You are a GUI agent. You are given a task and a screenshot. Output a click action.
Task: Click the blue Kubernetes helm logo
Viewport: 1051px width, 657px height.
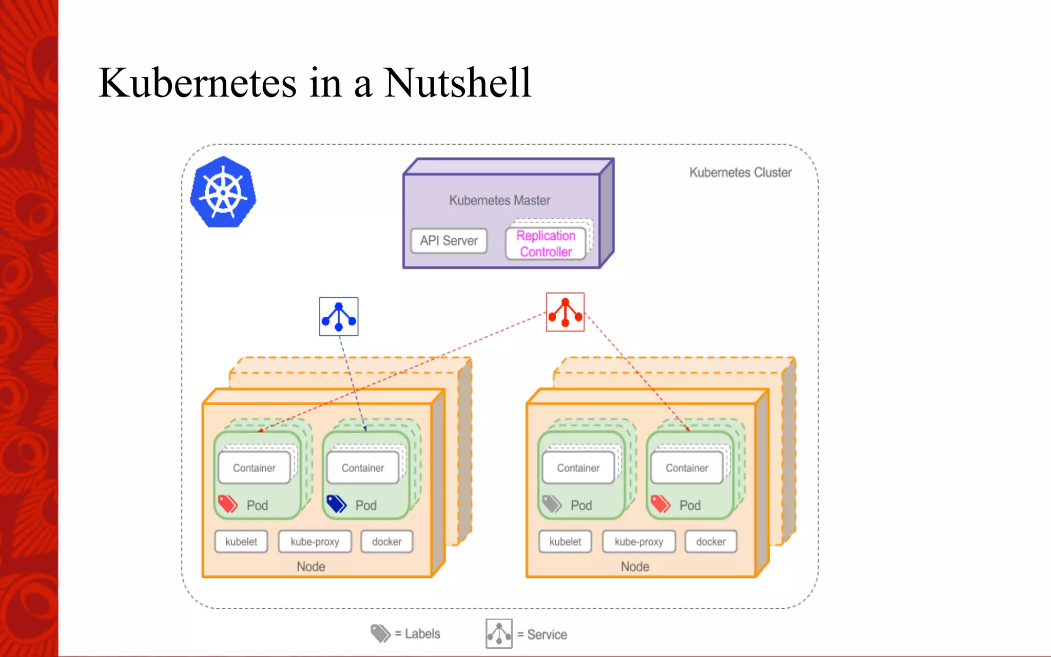tap(223, 192)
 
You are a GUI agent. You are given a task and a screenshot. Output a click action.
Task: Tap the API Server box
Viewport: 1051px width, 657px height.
tap(449, 241)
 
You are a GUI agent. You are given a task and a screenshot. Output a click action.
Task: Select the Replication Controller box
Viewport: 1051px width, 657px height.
tap(546, 244)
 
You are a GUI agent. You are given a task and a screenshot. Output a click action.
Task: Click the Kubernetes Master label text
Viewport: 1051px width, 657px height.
tap(499, 200)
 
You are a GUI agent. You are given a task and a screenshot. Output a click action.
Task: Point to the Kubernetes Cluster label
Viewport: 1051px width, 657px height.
tap(740, 172)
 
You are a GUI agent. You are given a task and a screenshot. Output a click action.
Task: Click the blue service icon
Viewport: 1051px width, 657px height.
tap(339, 317)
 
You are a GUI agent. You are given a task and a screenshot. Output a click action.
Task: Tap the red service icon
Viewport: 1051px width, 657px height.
tap(565, 312)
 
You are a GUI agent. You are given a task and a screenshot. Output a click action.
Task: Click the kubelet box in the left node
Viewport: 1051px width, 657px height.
tap(241, 542)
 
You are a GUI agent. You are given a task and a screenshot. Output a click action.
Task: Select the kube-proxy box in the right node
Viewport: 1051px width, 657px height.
tap(639, 542)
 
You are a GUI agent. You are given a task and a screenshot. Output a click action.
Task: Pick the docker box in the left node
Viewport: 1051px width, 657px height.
tap(387, 542)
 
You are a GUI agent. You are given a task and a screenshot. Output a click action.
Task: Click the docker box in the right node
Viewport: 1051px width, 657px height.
tap(711, 542)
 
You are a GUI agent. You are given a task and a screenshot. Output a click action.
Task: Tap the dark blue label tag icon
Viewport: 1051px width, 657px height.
tap(337, 504)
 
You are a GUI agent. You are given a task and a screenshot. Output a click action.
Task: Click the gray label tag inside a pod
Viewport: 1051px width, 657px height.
tap(552, 504)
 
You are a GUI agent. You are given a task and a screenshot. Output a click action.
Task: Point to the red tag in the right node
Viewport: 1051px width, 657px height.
tap(660, 504)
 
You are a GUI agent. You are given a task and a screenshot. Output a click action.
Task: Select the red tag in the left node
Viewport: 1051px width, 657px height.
tap(228, 504)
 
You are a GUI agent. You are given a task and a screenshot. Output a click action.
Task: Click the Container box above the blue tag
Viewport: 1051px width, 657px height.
tap(363, 468)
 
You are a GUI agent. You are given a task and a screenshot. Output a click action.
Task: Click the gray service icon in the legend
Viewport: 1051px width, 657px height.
tap(499, 634)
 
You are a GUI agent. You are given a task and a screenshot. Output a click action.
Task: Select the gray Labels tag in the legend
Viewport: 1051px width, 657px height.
tap(381, 633)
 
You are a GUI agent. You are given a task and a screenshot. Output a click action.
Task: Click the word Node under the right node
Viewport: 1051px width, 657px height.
tap(635, 567)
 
